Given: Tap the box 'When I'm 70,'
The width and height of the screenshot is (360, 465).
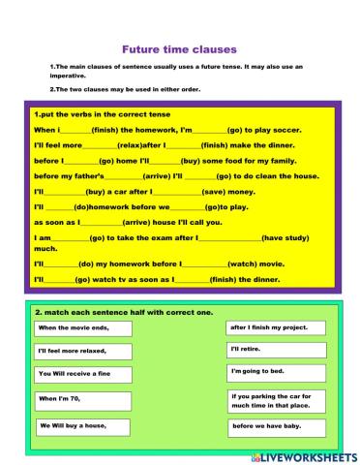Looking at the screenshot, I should click(x=82, y=399).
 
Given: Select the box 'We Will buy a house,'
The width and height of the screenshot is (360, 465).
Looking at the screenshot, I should click(x=82, y=426).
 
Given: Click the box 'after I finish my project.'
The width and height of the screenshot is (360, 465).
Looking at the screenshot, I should click(x=272, y=328).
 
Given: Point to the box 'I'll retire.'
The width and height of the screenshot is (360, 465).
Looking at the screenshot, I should click(x=272, y=349).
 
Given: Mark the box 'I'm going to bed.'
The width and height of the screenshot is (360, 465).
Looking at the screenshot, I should click(x=272, y=371).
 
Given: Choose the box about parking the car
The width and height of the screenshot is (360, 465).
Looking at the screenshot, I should click(x=272, y=400).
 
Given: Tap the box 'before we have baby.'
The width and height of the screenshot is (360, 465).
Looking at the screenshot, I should click(x=272, y=426).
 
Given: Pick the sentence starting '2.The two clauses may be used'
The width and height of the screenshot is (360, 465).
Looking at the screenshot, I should click(x=132, y=88).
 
